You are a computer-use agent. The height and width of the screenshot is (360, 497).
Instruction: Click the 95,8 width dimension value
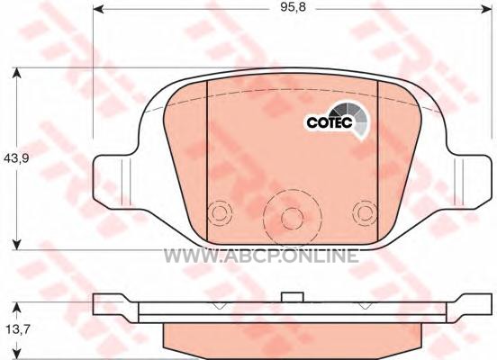pyautogui.click(x=293, y=7)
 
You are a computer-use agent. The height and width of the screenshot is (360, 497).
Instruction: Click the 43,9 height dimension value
pyautogui.click(x=16, y=158)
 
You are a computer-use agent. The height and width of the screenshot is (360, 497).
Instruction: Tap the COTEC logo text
pyautogui.click(x=330, y=122)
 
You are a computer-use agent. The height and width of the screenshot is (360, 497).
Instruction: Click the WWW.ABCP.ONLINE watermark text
pyautogui.click(x=261, y=256)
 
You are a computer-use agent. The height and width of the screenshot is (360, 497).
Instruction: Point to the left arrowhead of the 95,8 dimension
pyautogui.click(x=98, y=10)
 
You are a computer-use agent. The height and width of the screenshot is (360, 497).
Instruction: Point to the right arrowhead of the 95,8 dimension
pyautogui.click(x=486, y=10)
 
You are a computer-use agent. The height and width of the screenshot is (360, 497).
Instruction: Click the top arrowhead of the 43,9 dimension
pyautogui.click(x=16, y=73)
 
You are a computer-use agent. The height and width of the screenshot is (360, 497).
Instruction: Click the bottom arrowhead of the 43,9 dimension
pyautogui.click(x=16, y=244)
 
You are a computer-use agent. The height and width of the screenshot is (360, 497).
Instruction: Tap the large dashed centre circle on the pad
pyautogui.click(x=293, y=190)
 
